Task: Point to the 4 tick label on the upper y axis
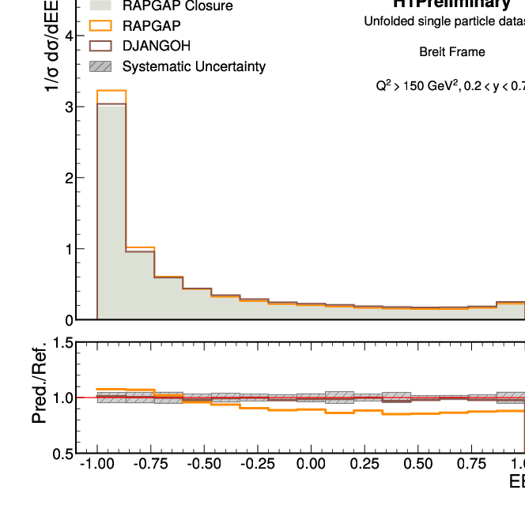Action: (x=70, y=36)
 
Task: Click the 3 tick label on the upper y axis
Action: (x=70, y=107)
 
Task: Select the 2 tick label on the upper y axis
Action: (x=70, y=178)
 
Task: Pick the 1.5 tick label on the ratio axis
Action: (x=61, y=343)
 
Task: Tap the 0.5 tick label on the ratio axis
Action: (x=61, y=454)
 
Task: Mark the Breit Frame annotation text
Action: (x=452, y=53)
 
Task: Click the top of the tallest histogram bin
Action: (x=111, y=91)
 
